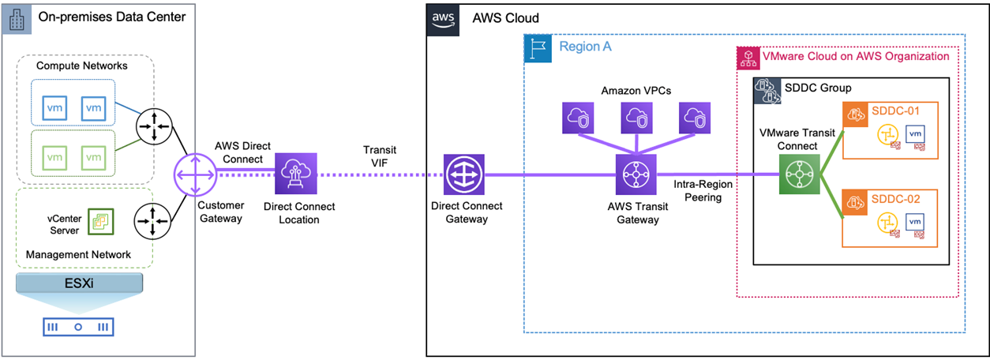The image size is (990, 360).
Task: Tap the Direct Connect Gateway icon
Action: click(464, 174)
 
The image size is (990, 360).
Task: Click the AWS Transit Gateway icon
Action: click(636, 174)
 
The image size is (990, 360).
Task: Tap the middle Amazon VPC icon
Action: click(637, 117)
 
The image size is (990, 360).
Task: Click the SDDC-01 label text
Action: click(896, 109)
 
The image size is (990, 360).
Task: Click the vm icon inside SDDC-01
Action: click(914, 135)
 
